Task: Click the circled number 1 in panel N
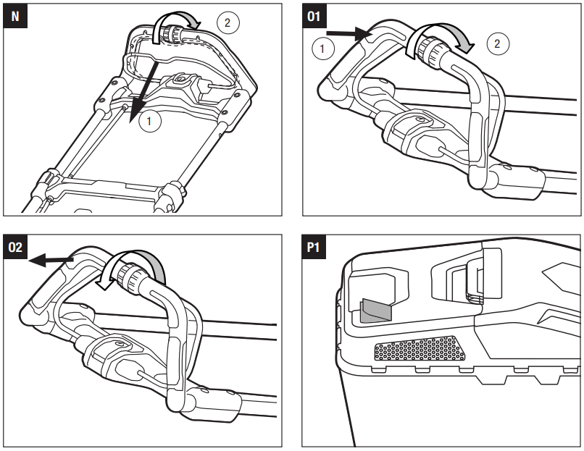pos(149,122)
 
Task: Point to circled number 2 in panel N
pos(227,23)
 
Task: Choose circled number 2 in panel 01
pos(497,43)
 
